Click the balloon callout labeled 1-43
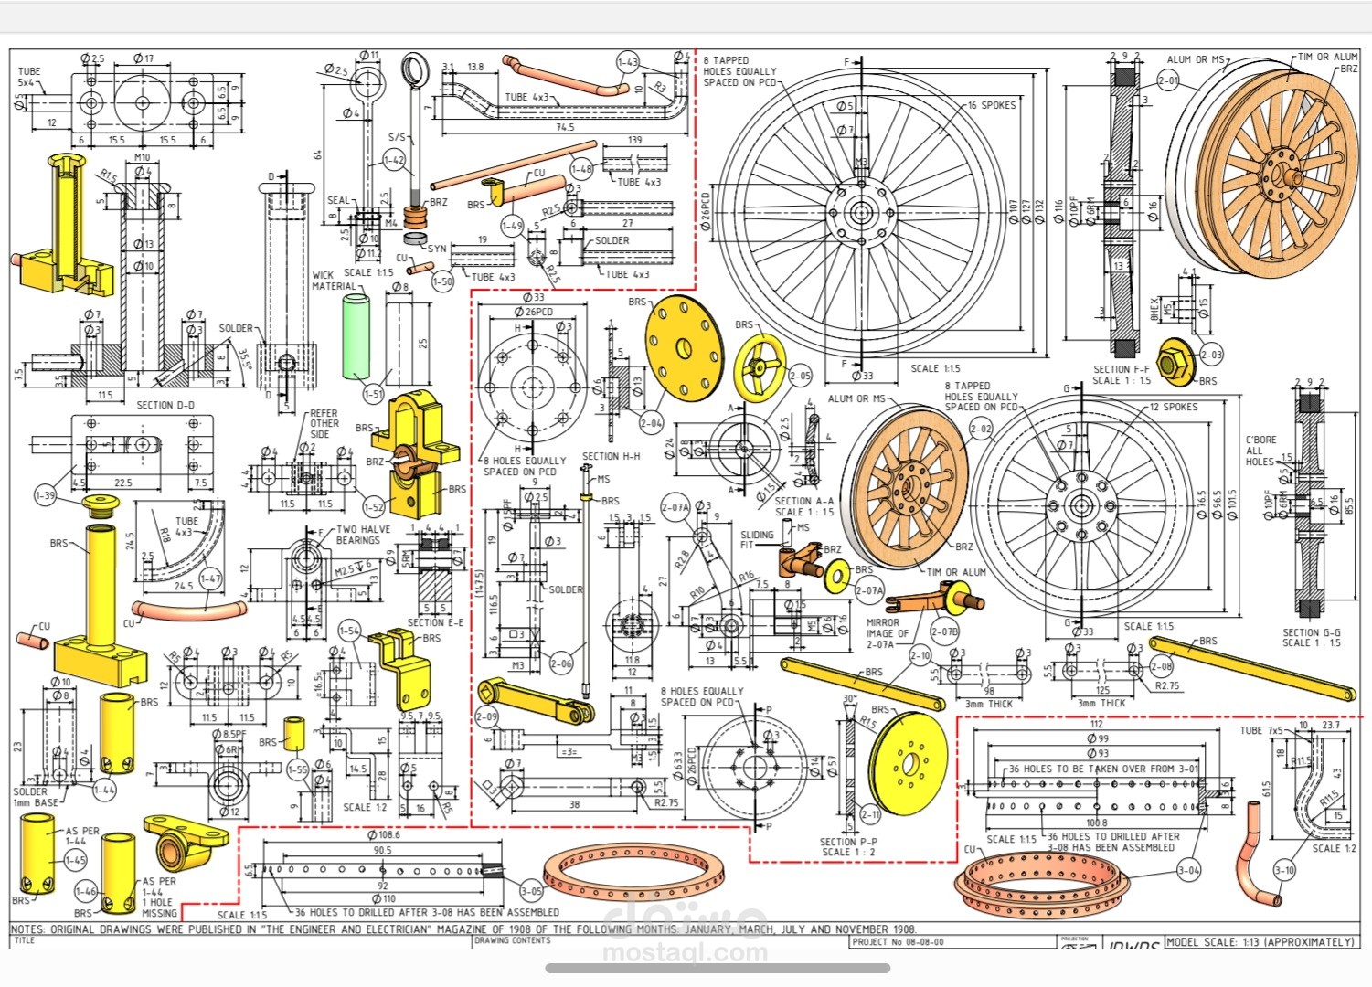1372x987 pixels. tap(627, 62)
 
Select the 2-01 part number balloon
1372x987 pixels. tap(1168, 80)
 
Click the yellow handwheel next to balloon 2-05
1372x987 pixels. tap(760, 366)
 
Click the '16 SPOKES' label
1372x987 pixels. tap(992, 105)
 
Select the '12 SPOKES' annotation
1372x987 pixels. tap(1173, 407)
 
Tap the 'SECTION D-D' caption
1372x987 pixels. tap(165, 405)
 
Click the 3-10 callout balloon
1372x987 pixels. tap(1284, 870)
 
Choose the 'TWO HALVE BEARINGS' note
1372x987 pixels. tap(363, 535)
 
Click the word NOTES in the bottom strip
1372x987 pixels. tap(27, 929)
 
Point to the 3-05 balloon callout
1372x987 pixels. tap(531, 891)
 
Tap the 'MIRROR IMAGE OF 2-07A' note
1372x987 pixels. tap(887, 633)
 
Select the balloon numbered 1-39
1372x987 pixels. tap(46, 495)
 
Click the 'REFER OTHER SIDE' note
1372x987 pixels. tap(324, 423)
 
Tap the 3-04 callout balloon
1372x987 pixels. tap(1188, 870)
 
